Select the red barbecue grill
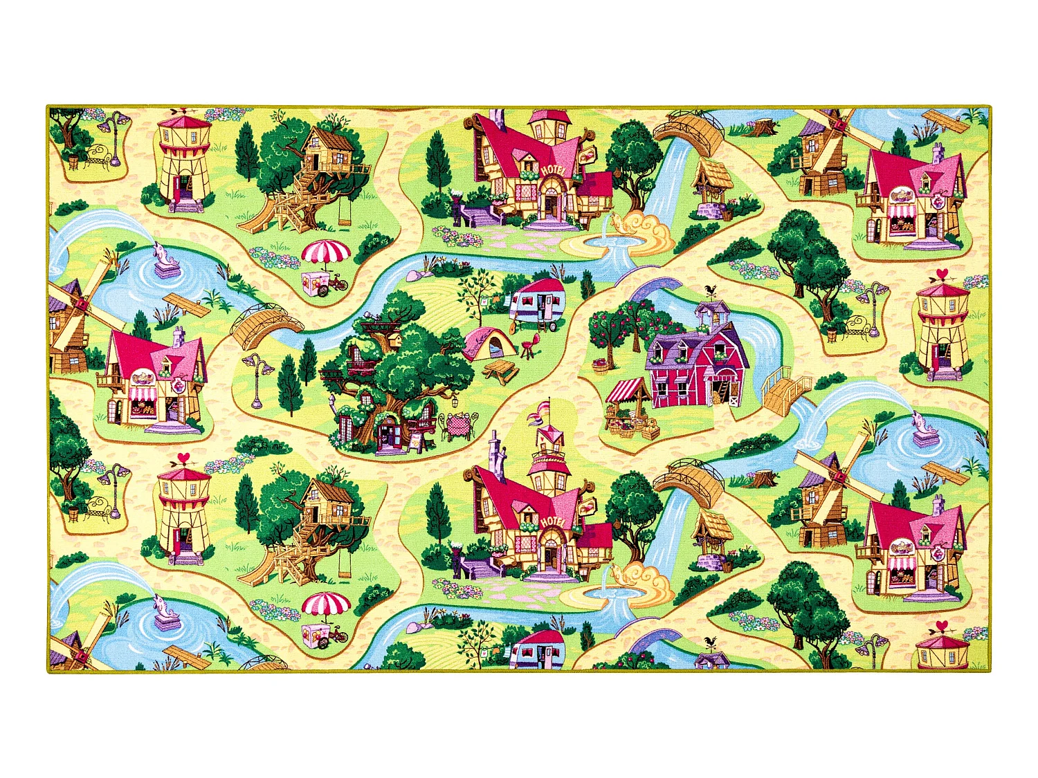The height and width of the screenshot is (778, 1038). [x=531, y=344]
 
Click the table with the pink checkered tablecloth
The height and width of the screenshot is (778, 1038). [x=457, y=423]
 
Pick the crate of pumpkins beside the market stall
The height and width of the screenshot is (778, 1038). [x=650, y=432]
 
